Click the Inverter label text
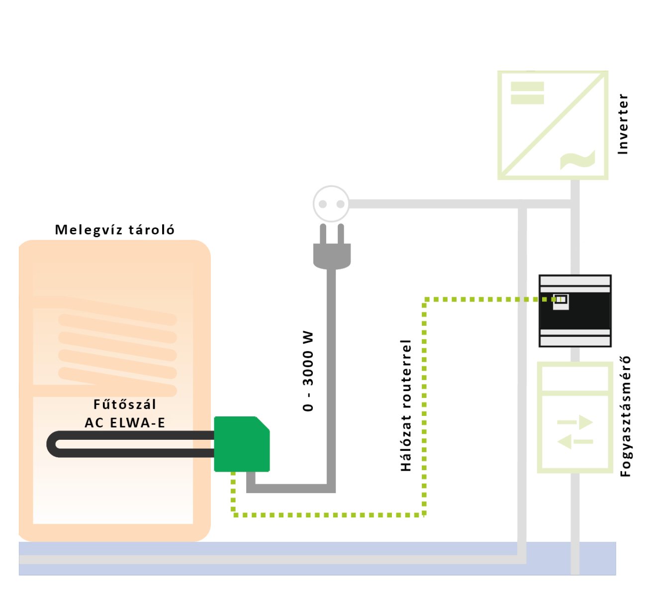623,124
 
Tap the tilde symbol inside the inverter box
577,160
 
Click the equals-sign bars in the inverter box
527,93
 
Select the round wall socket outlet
331,203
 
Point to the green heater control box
241,444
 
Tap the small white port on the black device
561,301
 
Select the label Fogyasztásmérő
625,416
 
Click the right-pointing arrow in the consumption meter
575,422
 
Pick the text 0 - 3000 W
308,371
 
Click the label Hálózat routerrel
406,405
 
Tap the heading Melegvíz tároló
114,230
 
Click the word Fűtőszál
124,404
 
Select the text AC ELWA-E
125,423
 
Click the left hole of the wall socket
322,204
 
